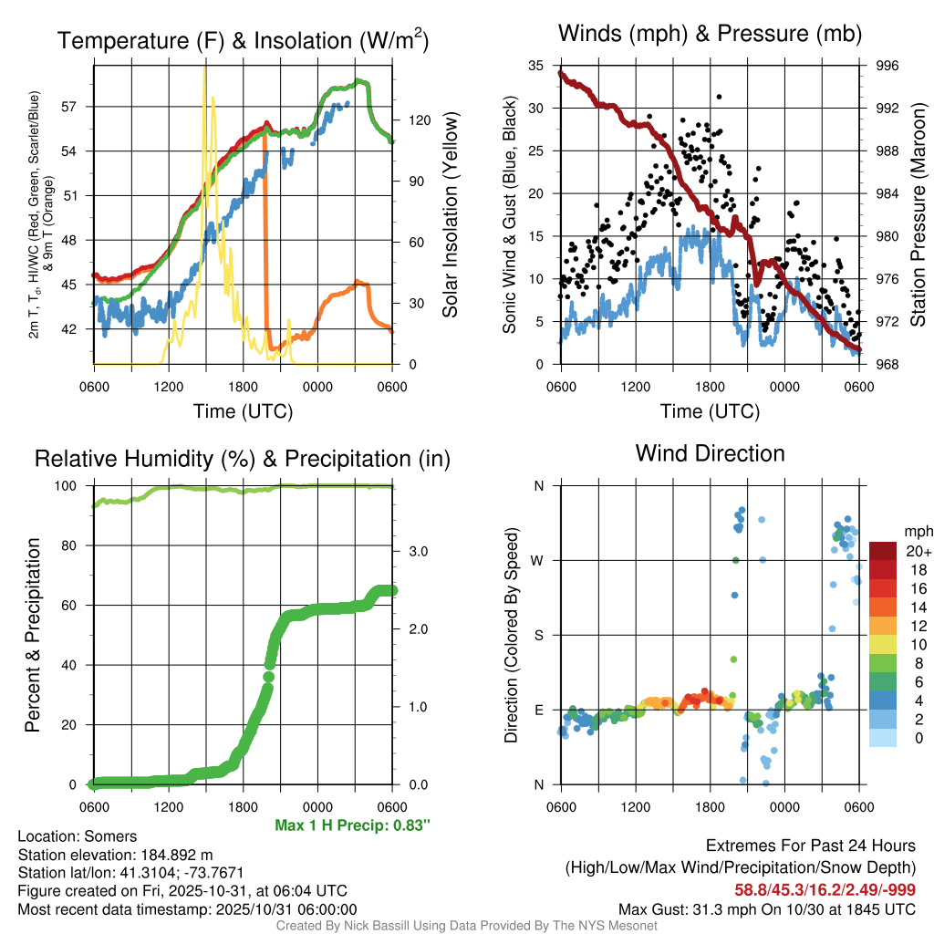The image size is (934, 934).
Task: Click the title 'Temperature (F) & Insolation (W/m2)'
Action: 243,40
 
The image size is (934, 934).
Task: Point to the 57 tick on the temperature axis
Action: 78,106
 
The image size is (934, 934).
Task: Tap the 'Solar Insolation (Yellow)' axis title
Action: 451,215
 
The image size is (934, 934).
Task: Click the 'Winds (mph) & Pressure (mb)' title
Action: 710,34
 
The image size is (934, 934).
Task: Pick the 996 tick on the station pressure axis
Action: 886,66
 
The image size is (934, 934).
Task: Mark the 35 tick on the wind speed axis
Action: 536,66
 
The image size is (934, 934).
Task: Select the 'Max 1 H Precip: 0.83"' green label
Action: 352,825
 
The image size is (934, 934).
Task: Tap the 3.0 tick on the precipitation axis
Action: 416,551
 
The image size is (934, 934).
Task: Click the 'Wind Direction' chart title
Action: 710,453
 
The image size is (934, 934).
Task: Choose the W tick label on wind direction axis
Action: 538,560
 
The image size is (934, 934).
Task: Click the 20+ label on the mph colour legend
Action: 918,551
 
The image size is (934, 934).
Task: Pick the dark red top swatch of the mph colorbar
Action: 883,551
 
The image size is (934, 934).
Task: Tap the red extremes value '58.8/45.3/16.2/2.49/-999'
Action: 825,889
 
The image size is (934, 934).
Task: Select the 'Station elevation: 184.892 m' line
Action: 115,855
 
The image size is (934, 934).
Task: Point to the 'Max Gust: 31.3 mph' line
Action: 767,908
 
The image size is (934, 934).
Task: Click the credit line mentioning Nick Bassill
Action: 466,926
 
